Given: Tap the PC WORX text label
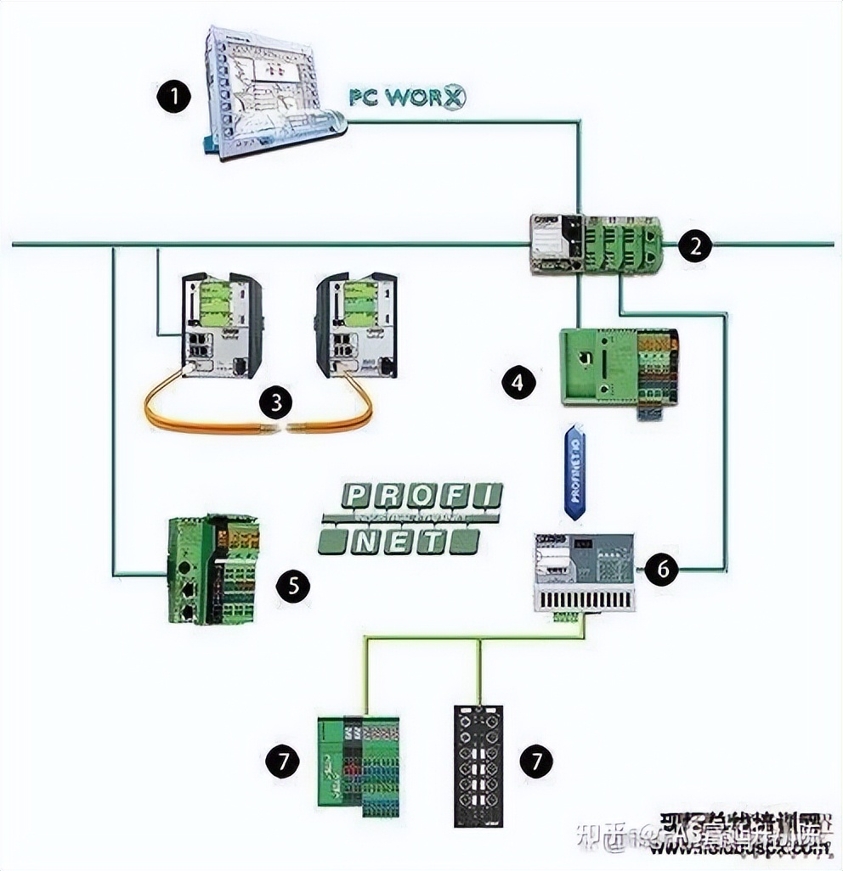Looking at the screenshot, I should pos(407,97).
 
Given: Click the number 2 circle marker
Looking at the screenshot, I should pos(695,247).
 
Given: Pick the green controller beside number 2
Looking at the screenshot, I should pos(596,244).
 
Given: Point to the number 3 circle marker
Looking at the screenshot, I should pos(275,402).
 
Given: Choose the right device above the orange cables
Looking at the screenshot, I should pos(356,324).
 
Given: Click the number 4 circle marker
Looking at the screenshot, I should pos(518,382).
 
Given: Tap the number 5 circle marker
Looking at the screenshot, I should pos(293,585).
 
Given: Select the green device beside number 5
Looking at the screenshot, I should pos(212,570).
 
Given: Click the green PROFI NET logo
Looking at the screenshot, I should pos(410,519).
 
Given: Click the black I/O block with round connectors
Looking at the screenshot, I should pos(479,765).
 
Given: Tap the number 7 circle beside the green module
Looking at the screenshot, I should pos(282,761).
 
